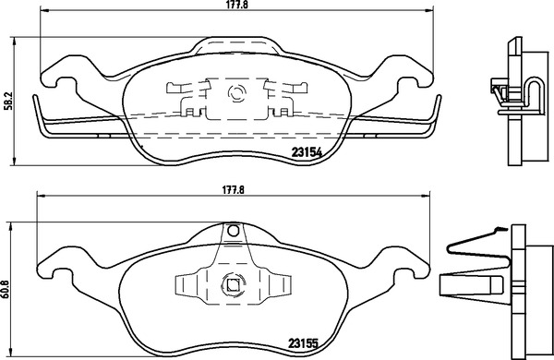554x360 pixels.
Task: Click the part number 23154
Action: pyautogui.click(x=307, y=152)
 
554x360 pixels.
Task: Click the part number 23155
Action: pyautogui.click(x=303, y=342)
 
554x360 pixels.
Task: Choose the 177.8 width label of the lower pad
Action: pyautogui.click(x=234, y=190)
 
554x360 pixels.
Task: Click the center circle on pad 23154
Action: pyautogui.click(x=236, y=93)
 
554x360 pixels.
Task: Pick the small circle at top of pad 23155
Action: pyautogui.click(x=233, y=231)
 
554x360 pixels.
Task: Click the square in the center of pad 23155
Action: pyautogui.click(x=232, y=284)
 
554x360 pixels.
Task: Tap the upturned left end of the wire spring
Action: pyautogui.click(x=35, y=101)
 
